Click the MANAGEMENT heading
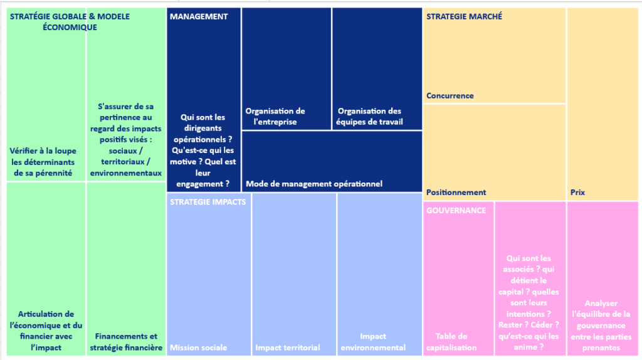point(199,17)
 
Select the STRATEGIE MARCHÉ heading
point(464,17)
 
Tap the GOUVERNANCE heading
point(456,211)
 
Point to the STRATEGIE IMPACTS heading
point(208,202)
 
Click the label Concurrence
point(450,96)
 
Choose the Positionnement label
point(456,193)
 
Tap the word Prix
point(577,193)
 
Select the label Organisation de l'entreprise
point(275,116)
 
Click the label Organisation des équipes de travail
point(369,116)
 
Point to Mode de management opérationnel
point(314,184)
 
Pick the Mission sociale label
point(198,347)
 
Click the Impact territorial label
point(287,347)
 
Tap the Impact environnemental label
point(373,342)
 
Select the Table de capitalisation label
point(451,342)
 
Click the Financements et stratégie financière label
point(126,342)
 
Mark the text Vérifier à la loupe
point(43,151)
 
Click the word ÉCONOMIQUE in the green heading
point(70,28)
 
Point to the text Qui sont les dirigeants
point(203,123)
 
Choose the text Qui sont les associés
point(528,264)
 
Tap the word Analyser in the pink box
point(601,304)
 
